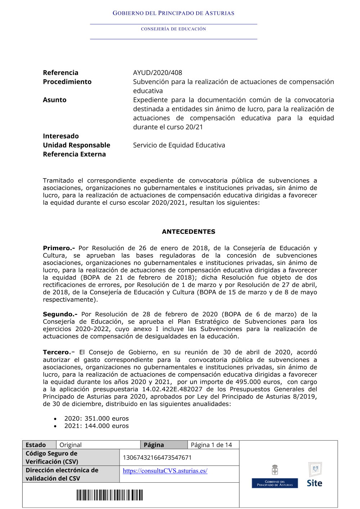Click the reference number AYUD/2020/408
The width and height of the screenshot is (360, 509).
[157, 73]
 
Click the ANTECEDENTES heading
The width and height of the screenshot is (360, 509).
[188, 232]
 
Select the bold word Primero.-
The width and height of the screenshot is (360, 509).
[59, 248]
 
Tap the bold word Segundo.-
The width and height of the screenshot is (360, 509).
[60, 314]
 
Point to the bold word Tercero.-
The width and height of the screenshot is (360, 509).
[59, 352]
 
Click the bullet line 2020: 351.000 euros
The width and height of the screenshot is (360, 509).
[96, 419]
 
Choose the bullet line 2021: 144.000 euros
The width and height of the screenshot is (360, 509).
[96, 426]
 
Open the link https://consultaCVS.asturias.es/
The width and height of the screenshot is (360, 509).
[165, 471]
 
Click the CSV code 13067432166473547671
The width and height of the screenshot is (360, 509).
[157, 458]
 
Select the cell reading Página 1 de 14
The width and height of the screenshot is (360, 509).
[211, 445]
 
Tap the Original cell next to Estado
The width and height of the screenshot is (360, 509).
[71, 445]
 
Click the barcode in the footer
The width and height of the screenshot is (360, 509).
[109, 495]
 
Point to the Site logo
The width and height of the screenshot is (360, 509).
[315, 475]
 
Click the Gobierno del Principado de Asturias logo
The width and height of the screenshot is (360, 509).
[275, 476]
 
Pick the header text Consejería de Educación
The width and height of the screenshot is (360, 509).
[173, 29]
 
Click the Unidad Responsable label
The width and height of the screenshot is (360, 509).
[76, 145]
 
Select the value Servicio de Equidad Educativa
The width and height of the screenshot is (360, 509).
[179, 145]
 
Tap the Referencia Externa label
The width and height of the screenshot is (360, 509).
[74, 154]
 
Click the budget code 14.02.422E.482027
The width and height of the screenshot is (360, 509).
[172, 389]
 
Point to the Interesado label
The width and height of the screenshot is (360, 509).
[60, 136]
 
